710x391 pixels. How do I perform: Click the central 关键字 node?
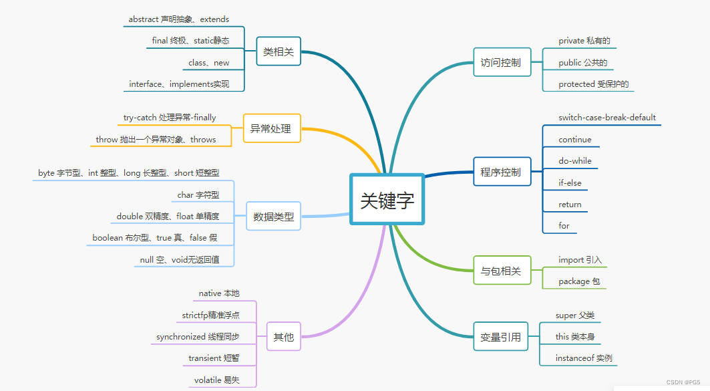point(387,201)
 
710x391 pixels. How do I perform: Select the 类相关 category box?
point(279,51)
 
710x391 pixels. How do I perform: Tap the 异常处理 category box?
point(271,128)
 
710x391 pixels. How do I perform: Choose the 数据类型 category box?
point(273,217)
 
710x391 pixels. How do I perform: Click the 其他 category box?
point(283,337)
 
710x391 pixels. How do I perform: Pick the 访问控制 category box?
point(501,63)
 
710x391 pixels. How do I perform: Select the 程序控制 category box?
point(501,172)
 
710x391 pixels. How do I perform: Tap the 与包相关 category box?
point(501,271)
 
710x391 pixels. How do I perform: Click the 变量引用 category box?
point(501,337)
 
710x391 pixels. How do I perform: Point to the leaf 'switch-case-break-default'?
point(607,118)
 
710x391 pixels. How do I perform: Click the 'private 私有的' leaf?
point(584,41)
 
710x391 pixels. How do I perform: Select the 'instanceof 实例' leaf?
point(584,358)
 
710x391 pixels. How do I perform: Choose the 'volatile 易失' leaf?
point(216,380)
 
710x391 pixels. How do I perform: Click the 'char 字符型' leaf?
point(198,195)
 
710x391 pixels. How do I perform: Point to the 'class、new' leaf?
point(209,63)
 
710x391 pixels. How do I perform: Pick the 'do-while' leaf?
point(575,161)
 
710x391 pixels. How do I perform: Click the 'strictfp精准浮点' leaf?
point(210,315)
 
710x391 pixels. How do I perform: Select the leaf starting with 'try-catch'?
point(170,118)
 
